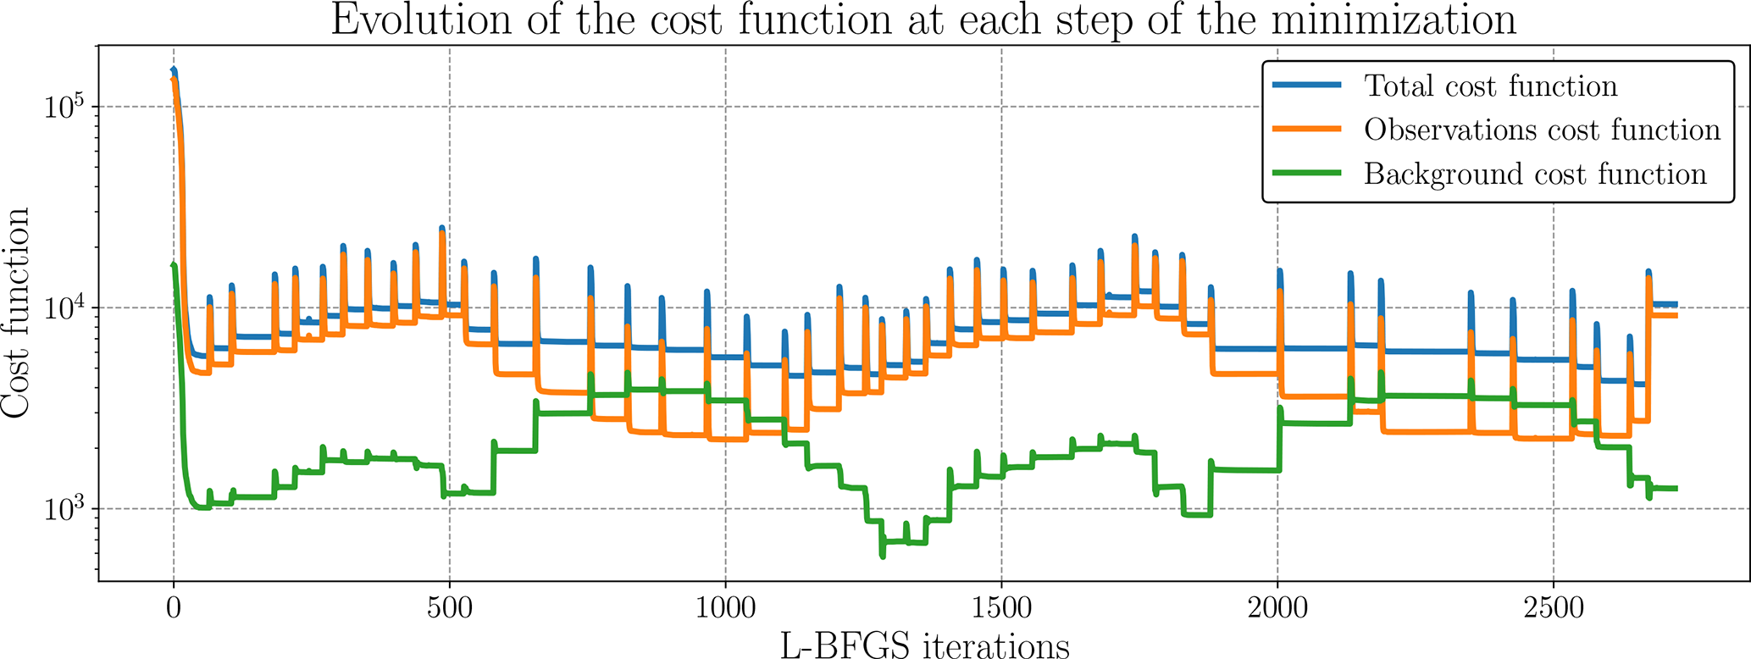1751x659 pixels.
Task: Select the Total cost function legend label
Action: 1490,86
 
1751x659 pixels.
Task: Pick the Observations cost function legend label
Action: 1542,130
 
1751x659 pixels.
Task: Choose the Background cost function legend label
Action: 1535,174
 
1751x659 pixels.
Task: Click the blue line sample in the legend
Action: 1307,86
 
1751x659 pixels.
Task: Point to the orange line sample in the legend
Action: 1307,130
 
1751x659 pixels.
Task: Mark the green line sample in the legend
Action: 1307,174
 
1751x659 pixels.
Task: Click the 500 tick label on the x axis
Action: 449,609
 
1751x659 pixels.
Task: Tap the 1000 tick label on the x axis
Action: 725,609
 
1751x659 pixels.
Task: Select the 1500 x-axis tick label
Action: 1001,609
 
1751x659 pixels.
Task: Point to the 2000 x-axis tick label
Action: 1277,609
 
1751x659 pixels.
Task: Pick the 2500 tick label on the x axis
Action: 1554,609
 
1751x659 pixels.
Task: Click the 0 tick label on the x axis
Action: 174,609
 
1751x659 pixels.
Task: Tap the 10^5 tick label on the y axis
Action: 64,107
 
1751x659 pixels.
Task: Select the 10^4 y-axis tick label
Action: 64,307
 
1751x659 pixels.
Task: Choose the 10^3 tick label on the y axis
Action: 64,508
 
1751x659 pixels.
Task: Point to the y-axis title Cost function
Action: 17,313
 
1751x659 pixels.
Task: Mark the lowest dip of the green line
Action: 883,556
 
